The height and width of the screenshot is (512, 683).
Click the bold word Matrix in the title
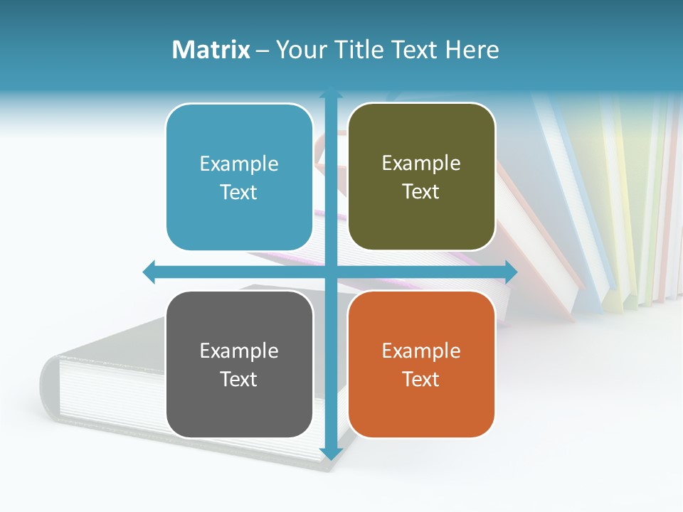coord(211,50)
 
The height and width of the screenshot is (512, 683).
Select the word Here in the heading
coord(472,50)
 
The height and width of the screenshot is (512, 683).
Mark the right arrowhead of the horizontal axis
coord(511,271)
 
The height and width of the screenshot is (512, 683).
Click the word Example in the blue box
coord(239,164)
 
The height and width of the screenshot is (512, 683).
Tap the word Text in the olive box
coord(421,192)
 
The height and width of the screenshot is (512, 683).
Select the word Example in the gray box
coord(239,351)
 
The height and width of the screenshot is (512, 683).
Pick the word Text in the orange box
coord(421,379)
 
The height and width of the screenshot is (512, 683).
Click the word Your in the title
coord(296,50)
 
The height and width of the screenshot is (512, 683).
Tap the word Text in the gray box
coord(239,379)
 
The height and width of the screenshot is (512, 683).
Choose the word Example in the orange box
coord(421,351)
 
